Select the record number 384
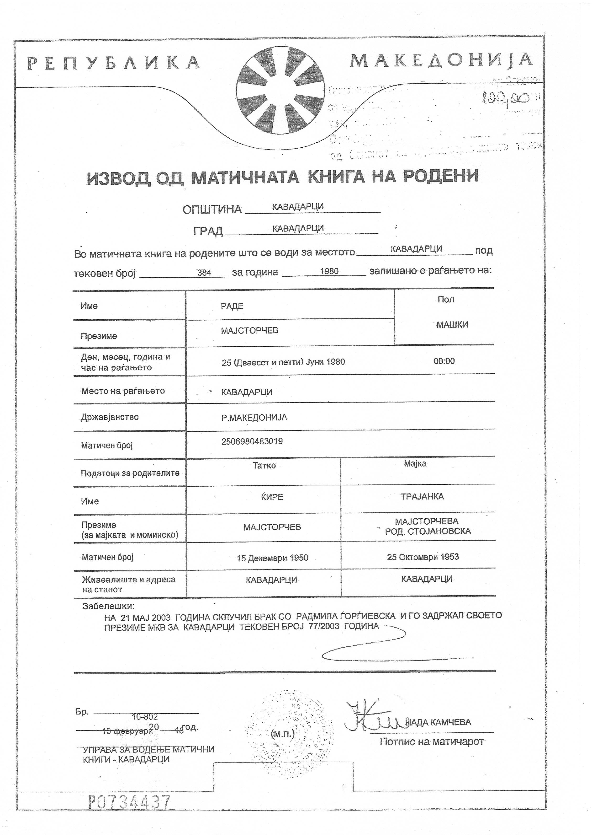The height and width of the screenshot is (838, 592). [204, 272]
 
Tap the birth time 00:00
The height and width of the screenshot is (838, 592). [444, 361]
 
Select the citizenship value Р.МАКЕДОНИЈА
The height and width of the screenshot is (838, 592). [254, 417]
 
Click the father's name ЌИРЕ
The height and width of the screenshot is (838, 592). [272, 497]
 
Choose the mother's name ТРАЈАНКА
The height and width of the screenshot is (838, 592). [422, 496]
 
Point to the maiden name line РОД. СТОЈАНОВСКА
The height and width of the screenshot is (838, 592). [428, 531]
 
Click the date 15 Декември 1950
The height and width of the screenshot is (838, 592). [272, 558]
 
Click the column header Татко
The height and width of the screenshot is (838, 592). [264, 465]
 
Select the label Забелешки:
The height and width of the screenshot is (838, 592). [109, 606]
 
